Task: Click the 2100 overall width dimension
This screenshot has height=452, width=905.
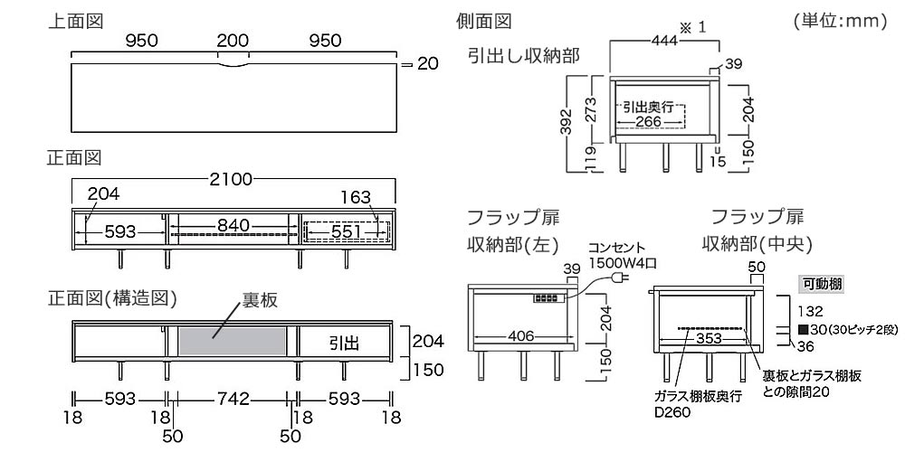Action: click(x=233, y=180)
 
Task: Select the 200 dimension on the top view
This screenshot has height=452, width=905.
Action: click(x=233, y=41)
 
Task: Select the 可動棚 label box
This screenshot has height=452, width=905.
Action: click(x=822, y=284)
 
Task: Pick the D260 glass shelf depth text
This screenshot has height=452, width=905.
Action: click(x=671, y=413)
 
